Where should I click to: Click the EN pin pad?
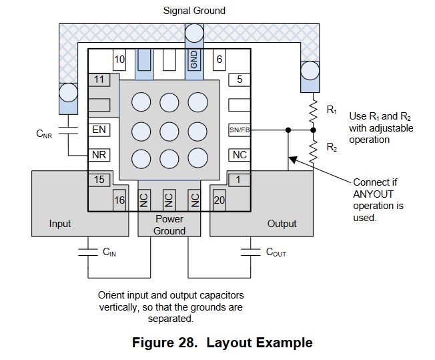[x=99, y=130]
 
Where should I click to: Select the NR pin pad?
[x=99, y=155]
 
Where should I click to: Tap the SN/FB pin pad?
[x=239, y=130]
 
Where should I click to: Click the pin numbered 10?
[x=119, y=59]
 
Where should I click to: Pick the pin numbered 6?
[x=219, y=59]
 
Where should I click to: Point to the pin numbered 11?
[x=99, y=80]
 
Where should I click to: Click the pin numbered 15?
[x=99, y=180]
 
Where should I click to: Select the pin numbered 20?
[x=219, y=200]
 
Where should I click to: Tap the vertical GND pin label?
[x=194, y=59]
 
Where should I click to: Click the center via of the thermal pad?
[x=169, y=131]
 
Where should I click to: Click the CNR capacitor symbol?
[x=68, y=131]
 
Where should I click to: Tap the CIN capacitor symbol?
[x=88, y=252]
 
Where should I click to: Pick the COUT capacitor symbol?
[x=250, y=252]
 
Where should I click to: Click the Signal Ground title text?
[x=194, y=11]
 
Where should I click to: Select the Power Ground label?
[x=169, y=225]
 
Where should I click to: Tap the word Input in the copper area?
[x=60, y=224]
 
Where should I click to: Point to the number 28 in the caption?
[x=187, y=343]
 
